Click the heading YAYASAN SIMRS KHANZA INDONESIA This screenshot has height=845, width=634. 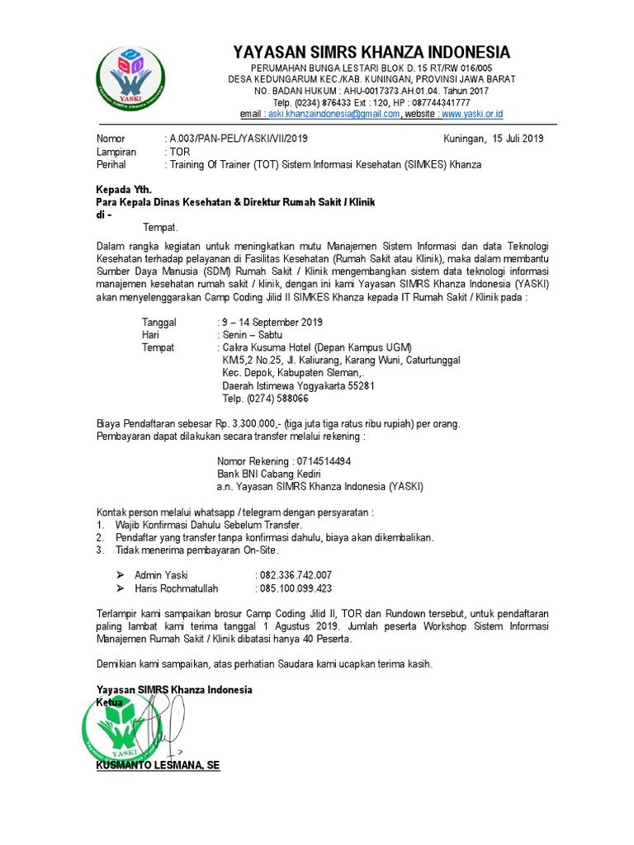click(371, 52)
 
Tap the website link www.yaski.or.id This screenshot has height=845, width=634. click(473, 114)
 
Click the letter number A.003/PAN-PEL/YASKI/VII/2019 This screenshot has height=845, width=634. click(238, 139)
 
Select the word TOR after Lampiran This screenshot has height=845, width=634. click(180, 152)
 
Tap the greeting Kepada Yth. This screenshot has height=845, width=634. click(125, 190)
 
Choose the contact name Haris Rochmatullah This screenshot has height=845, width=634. click(184, 588)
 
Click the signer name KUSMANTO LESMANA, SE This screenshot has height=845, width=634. click(158, 766)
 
